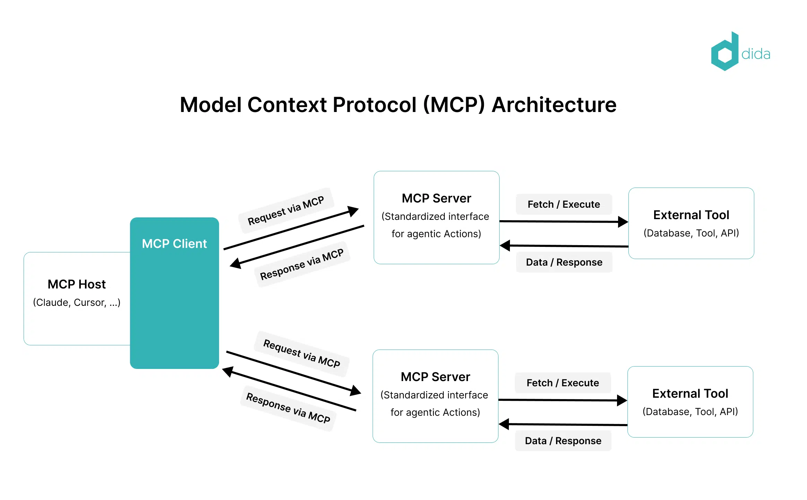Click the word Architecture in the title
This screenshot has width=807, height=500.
(554, 105)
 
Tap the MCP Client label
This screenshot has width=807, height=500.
(174, 244)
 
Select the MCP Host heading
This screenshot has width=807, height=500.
(77, 284)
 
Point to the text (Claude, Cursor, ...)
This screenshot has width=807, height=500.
(77, 302)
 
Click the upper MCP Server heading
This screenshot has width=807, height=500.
(436, 198)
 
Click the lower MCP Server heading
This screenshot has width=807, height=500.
(435, 377)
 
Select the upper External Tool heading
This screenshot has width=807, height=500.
(691, 215)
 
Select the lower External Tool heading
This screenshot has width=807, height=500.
(690, 394)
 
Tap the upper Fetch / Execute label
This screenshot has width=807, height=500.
(564, 204)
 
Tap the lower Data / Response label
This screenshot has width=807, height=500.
(563, 441)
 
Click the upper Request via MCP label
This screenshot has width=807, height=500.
(286, 210)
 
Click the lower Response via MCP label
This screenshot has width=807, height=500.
(288, 408)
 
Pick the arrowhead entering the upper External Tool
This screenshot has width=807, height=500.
(623, 222)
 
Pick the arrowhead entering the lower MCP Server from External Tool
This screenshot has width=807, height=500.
(504, 424)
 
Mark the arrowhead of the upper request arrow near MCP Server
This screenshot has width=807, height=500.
(353, 210)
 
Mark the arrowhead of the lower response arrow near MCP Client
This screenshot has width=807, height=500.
(227, 372)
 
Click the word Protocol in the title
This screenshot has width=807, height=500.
(374, 105)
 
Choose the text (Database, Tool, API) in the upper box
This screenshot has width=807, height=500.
(691, 233)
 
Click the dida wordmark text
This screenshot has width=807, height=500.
(756, 54)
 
